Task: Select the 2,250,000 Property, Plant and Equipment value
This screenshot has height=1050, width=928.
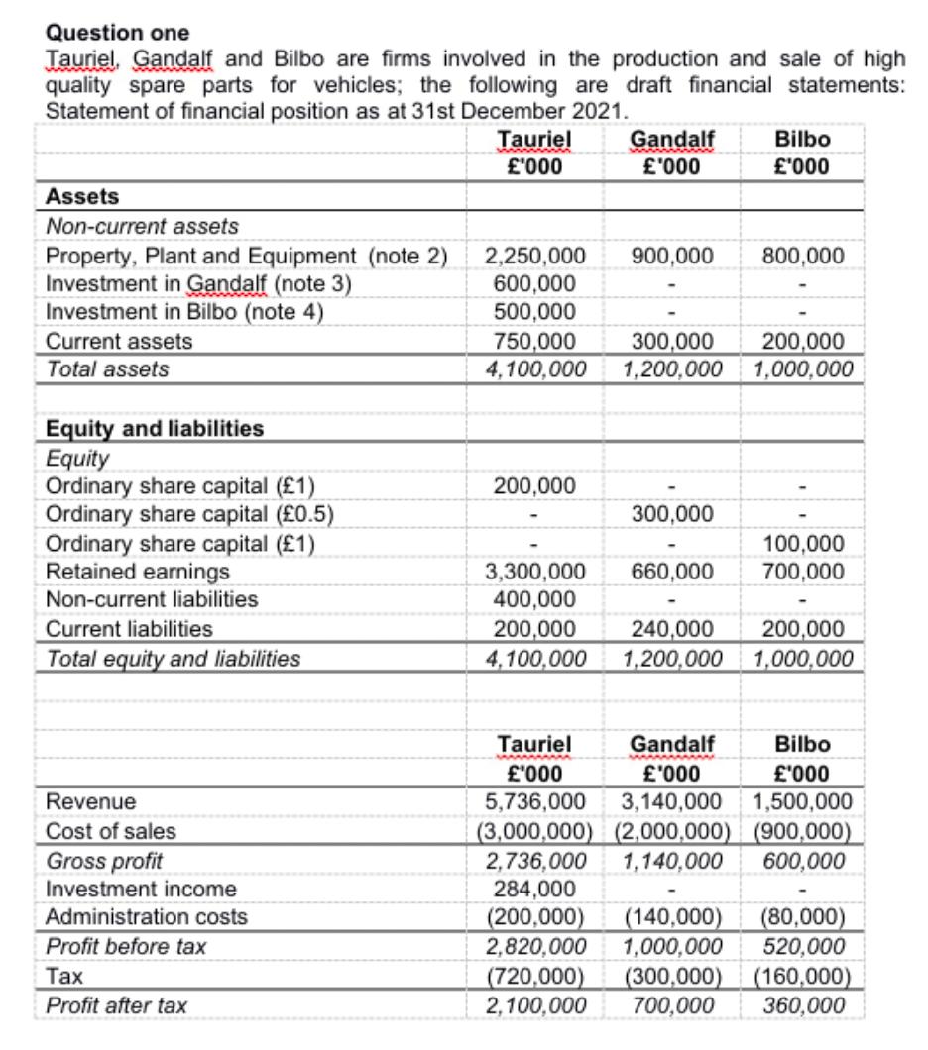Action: [534, 257]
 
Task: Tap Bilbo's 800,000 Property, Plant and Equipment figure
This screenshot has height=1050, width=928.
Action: [803, 257]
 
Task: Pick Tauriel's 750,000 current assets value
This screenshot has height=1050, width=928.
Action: [534, 342]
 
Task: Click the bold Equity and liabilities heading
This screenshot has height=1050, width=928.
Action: [155, 429]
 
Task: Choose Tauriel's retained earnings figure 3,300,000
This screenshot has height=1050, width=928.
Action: [534, 572]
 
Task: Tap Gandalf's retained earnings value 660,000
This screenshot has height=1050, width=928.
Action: [671, 572]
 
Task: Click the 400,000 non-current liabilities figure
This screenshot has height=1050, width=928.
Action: [534, 599]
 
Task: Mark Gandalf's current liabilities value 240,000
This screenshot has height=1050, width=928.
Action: [671, 629]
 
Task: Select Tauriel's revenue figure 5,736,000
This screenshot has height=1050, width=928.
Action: [534, 801]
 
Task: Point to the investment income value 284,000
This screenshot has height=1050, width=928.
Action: [534, 889]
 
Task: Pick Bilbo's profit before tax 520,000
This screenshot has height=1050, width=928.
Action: [803, 947]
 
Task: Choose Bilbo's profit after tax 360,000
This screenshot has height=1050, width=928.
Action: [803, 1006]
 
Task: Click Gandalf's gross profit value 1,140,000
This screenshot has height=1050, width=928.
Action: [671, 860]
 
